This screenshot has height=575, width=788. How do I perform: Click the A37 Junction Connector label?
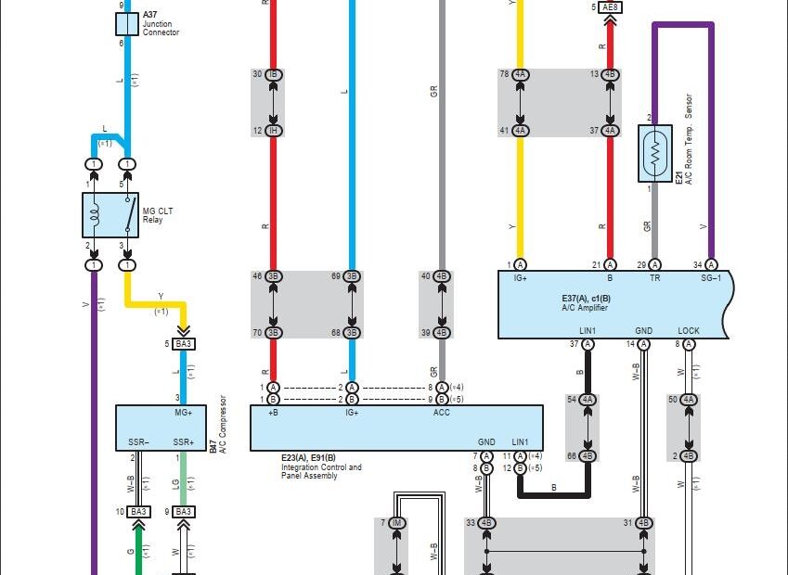(161, 24)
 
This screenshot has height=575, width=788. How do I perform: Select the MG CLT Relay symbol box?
(110, 215)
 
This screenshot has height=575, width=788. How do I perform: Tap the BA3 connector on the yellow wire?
(184, 344)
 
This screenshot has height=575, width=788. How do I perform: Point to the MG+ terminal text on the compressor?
(183, 413)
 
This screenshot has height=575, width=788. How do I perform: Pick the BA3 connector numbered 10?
(138, 511)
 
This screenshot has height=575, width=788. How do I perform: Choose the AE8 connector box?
(610, 7)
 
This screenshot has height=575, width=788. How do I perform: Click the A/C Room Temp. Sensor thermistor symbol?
(655, 154)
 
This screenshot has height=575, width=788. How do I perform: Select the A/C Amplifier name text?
(585, 308)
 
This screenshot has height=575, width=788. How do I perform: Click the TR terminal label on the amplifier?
(654, 277)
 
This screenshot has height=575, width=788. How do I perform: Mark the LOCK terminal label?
(689, 330)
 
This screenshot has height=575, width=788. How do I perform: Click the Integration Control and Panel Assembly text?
(322, 467)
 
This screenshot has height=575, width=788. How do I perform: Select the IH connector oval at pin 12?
(273, 131)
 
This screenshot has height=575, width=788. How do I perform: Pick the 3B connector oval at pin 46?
(273, 276)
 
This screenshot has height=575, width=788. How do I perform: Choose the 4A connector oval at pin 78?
(520, 74)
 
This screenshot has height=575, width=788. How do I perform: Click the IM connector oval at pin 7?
(397, 524)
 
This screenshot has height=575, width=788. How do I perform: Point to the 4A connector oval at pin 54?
(588, 400)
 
